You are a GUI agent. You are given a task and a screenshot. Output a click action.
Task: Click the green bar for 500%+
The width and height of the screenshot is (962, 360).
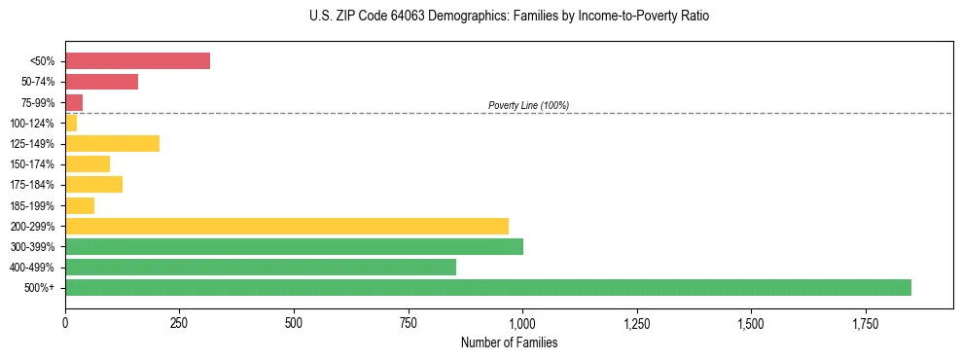[487, 287]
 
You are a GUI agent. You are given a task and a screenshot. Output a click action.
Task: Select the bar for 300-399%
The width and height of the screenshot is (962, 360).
[294, 246]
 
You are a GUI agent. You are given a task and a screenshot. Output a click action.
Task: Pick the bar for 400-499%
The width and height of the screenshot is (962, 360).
[261, 267]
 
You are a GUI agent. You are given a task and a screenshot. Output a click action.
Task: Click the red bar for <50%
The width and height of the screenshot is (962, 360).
[137, 60]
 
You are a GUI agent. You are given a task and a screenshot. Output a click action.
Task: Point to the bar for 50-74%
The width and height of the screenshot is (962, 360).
[101, 82]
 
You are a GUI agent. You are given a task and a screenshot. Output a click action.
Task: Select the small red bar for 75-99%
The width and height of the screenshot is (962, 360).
[74, 102]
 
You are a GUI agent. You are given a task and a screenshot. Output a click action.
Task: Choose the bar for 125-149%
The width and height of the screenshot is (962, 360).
[112, 143]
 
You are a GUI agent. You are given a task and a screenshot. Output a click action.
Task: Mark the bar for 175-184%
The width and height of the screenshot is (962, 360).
[93, 184]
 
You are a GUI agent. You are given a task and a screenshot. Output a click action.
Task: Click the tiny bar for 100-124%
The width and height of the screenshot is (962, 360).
[71, 123]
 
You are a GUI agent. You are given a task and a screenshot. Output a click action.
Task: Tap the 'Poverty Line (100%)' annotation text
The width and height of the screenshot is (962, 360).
[528, 105]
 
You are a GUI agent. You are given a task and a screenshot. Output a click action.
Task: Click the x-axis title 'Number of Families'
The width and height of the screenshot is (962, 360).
[509, 342]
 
